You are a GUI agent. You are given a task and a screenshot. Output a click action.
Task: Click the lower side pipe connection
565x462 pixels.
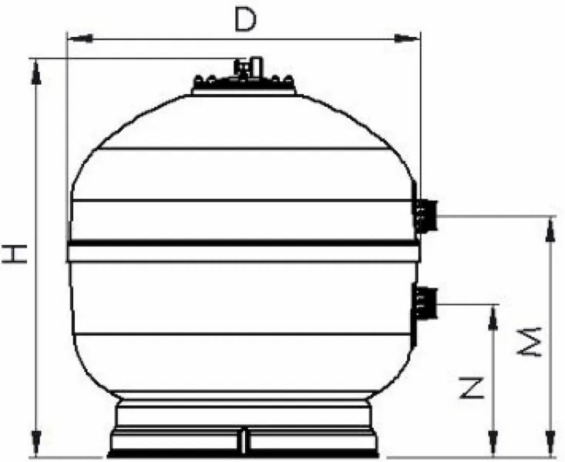coord(426,303)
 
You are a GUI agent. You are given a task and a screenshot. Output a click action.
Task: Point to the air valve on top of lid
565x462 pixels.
coord(244,68)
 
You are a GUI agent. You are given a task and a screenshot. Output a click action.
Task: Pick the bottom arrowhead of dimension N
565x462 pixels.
coord(491,448)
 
